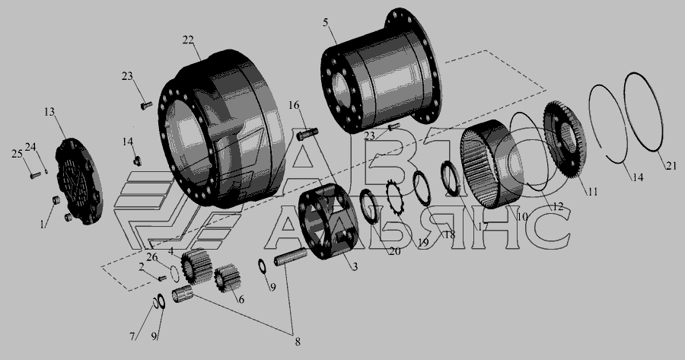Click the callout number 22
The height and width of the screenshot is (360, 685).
point(187,40)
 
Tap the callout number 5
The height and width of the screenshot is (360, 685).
point(326,23)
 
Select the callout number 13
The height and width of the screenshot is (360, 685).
point(49,113)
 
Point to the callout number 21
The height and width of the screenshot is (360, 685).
point(671,166)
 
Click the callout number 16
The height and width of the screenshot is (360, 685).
point(294,105)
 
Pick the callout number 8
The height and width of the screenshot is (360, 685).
point(298,342)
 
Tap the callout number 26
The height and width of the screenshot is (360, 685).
point(152,258)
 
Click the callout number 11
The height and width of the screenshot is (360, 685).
point(592,191)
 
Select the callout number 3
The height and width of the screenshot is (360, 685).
point(355,266)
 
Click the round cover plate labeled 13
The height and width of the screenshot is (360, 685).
point(79,181)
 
